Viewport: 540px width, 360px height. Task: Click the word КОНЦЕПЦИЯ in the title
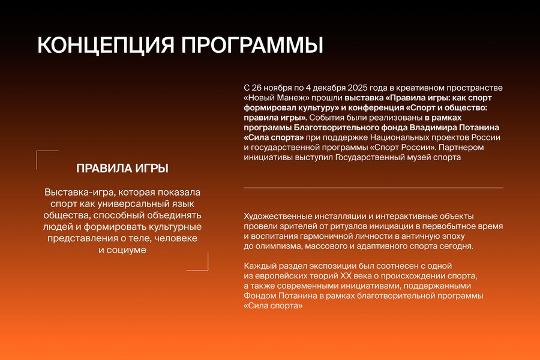(106, 45)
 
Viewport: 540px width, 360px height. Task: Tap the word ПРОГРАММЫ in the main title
(253, 45)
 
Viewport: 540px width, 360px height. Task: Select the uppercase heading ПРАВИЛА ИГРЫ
(122, 169)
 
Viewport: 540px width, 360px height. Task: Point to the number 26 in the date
(256, 88)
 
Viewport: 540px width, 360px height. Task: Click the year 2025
(358, 88)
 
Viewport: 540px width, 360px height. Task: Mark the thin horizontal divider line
(373, 188)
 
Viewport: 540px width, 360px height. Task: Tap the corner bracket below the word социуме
(208, 270)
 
